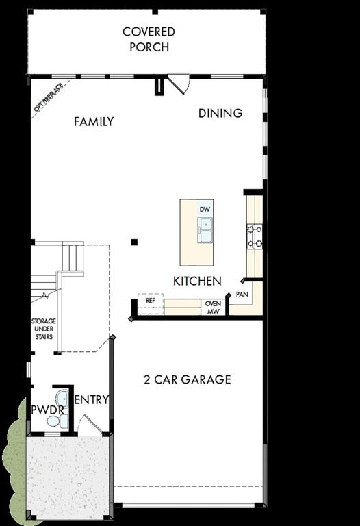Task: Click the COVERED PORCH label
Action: pyautogui.click(x=148, y=40)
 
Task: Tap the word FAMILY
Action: pyautogui.click(x=94, y=122)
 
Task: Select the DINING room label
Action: pyautogui.click(x=220, y=113)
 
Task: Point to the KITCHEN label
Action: pyautogui.click(x=197, y=281)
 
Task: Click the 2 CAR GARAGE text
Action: pyautogui.click(x=187, y=379)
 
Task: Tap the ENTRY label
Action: pyautogui.click(x=92, y=400)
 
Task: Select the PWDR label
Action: pyautogui.click(x=47, y=410)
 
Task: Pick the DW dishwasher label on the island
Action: pyautogui.click(x=205, y=208)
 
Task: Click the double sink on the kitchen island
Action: pyautogui.click(x=205, y=230)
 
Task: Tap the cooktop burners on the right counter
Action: pyautogui.click(x=255, y=236)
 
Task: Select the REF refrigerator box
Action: pyautogui.click(x=151, y=301)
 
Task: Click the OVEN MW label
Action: pyautogui.click(x=213, y=308)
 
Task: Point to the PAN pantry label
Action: pyautogui.click(x=242, y=294)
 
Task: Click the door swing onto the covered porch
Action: pyautogui.click(x=181, y=84)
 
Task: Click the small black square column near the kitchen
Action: pyautogui.click(x=135, y=242)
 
